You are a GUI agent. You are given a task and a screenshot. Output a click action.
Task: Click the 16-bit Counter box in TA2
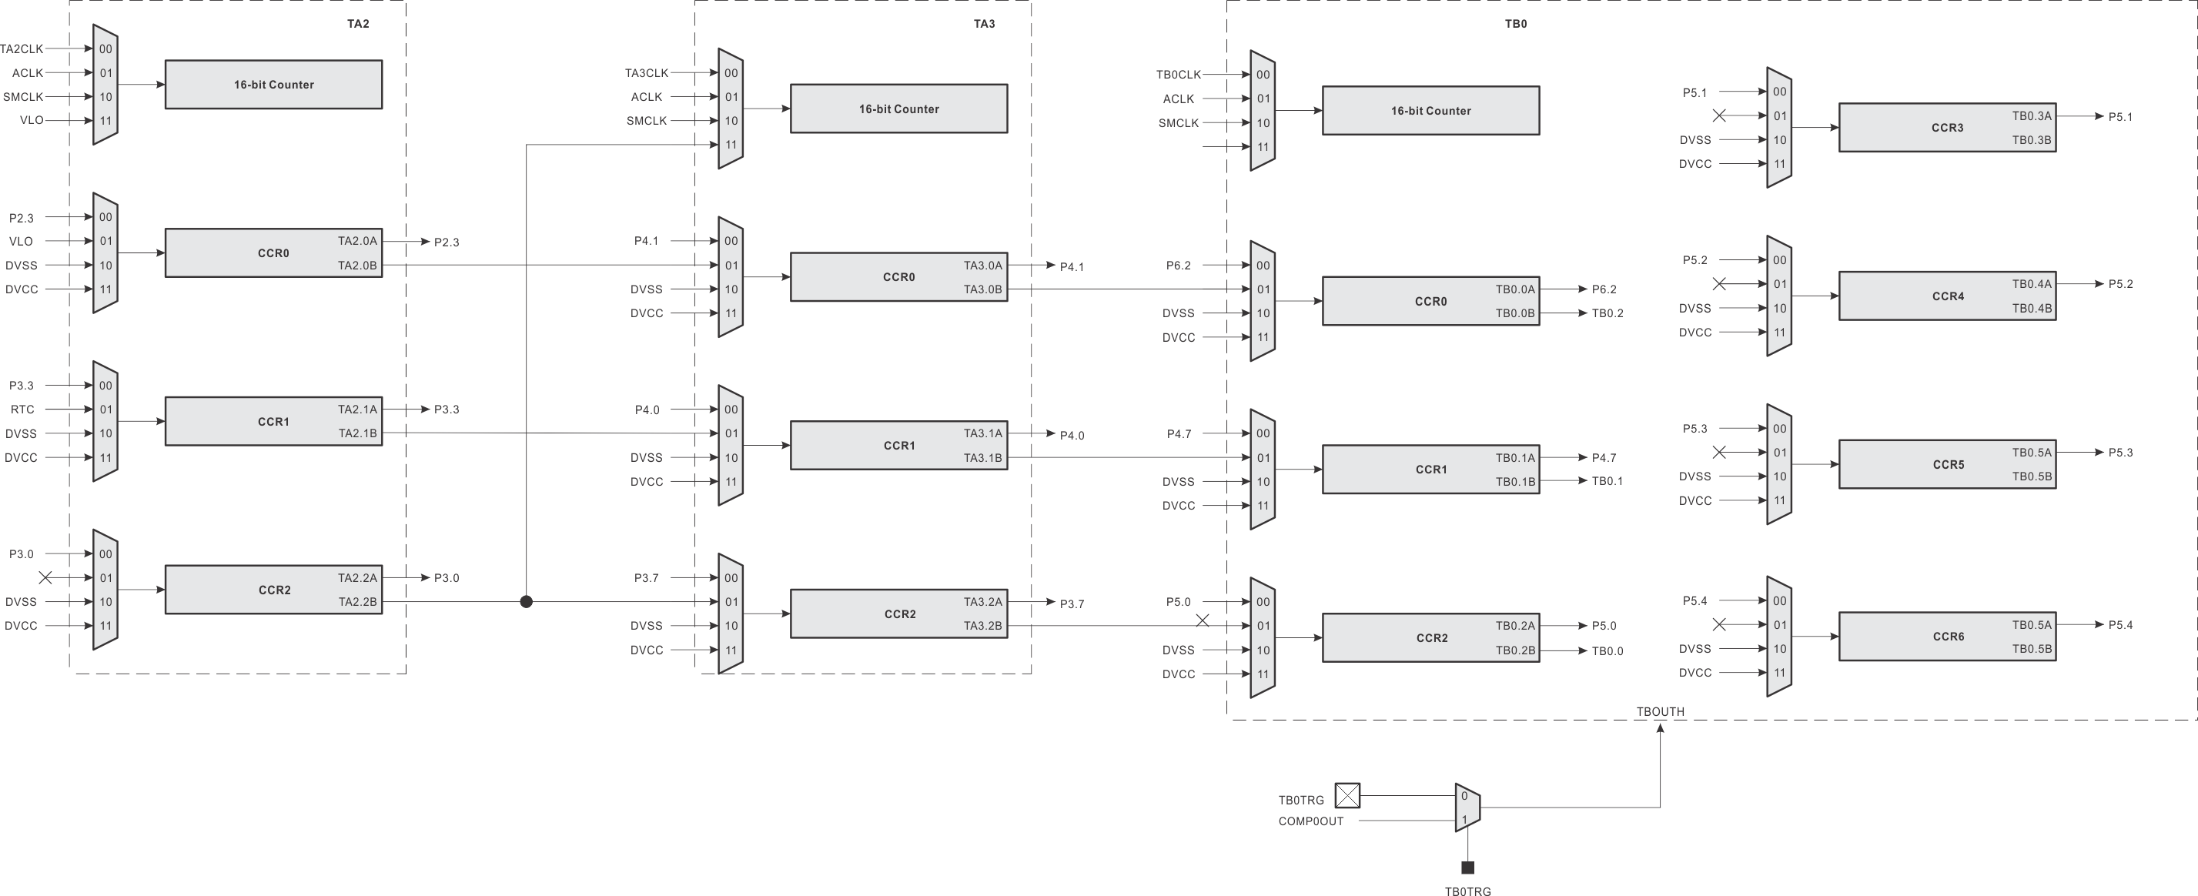(273, 85)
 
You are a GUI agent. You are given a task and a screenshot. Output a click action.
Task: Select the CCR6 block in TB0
(1947, 637)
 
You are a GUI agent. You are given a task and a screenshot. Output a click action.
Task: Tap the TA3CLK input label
(646, 73)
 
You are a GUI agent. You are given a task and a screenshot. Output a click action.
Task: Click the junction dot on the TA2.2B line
(527, 602)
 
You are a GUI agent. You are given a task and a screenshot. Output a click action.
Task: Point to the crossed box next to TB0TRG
(1347, 795)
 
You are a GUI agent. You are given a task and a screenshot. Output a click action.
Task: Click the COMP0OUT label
(1310, 821)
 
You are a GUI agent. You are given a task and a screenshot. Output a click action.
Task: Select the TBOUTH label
(1660, 712)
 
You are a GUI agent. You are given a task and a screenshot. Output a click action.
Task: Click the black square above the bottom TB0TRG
(1467, 868)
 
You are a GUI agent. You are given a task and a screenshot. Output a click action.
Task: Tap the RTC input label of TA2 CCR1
(22, 410)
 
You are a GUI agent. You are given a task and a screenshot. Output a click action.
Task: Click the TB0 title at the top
(1515, 24)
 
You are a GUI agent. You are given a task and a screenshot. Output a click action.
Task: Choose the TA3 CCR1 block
(898, 446)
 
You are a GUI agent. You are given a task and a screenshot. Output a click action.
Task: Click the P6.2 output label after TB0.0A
(1604, 289)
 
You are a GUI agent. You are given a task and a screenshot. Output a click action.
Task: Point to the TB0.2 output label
(1607, 313)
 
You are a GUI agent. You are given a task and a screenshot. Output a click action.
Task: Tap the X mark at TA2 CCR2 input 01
(46, 578)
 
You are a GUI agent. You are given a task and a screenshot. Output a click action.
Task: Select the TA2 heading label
(357, 24)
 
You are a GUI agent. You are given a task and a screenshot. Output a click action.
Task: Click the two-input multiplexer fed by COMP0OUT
(1467, 807)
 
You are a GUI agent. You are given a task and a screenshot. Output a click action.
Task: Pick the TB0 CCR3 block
(1947, 128)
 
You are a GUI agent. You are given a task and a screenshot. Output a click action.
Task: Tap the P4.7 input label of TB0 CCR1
(1179, 434)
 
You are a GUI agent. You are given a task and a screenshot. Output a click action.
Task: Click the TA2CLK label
(22, 48)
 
